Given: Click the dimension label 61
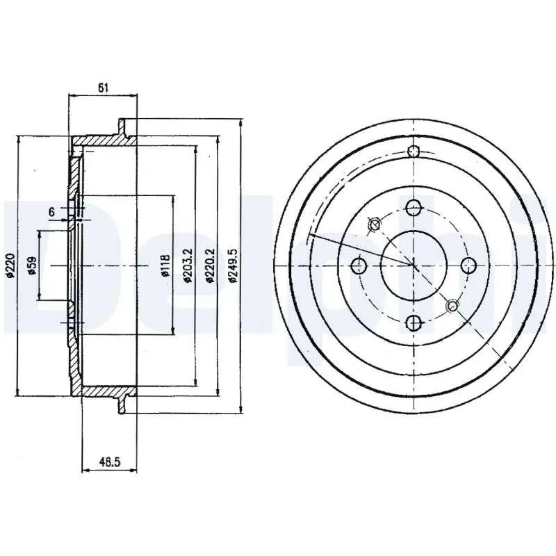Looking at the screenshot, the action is [x=103, y=88].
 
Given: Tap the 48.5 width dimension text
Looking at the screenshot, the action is [x=110, y=461].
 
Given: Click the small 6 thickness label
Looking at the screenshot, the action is [x=51, y=212].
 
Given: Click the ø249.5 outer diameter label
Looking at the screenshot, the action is [x=233, y=265].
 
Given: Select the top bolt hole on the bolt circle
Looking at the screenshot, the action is [x=414, y=208].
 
